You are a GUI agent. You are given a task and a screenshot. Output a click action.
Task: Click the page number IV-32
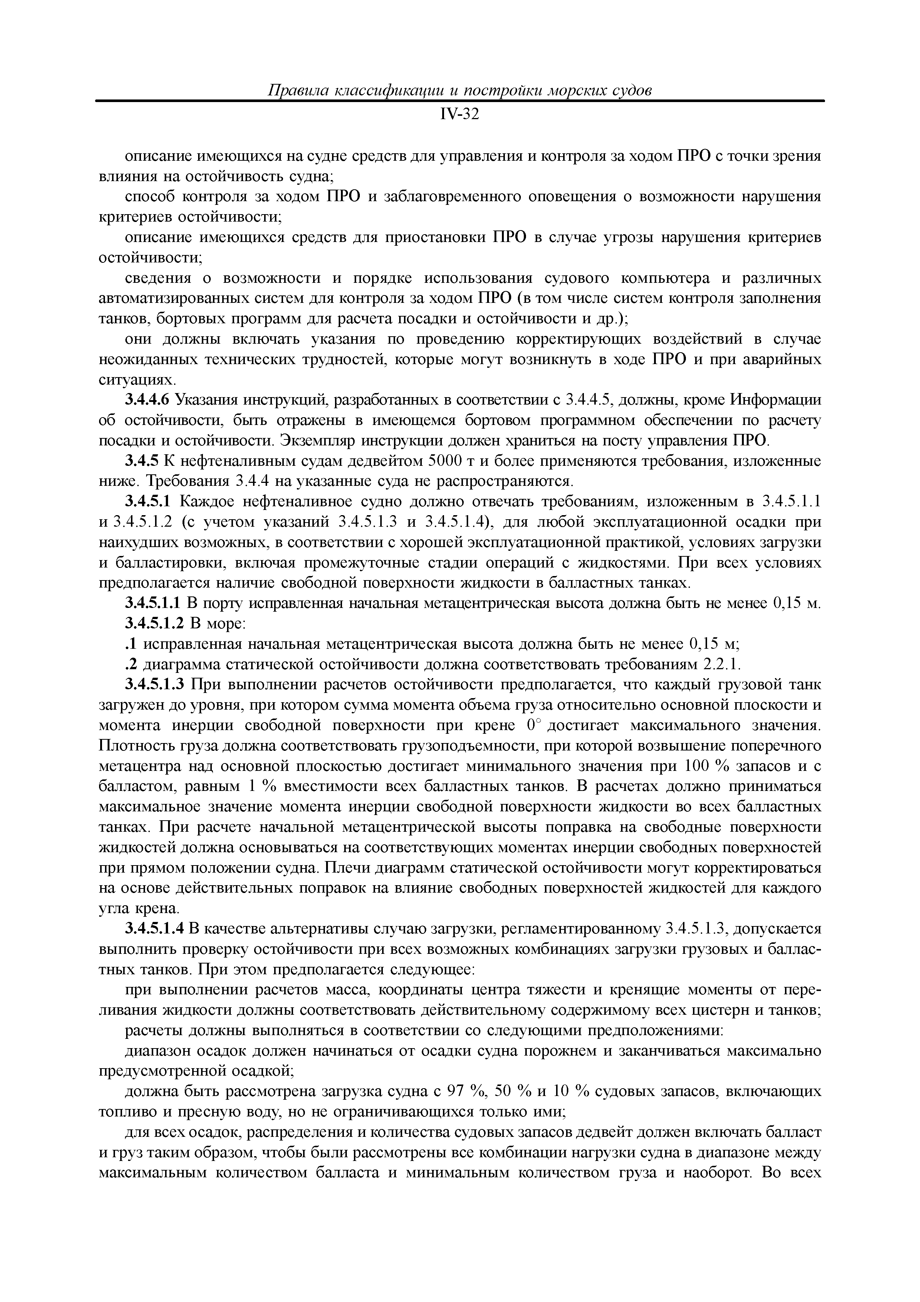pos(459,115)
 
